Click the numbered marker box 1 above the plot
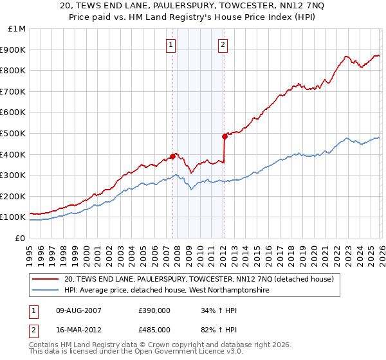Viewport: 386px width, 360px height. click(x=171, y=44)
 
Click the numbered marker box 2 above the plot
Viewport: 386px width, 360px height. click(x=223, y=44)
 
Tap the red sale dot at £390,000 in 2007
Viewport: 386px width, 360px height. click(x=172, y=156)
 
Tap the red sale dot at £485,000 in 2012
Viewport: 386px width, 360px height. click(x=225, y=136)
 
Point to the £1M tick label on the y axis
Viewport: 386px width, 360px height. click(x=17, y=29)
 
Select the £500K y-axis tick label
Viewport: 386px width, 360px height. click(x=14, y=133)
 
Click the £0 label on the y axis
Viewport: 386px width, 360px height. click(x=20, y=238)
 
